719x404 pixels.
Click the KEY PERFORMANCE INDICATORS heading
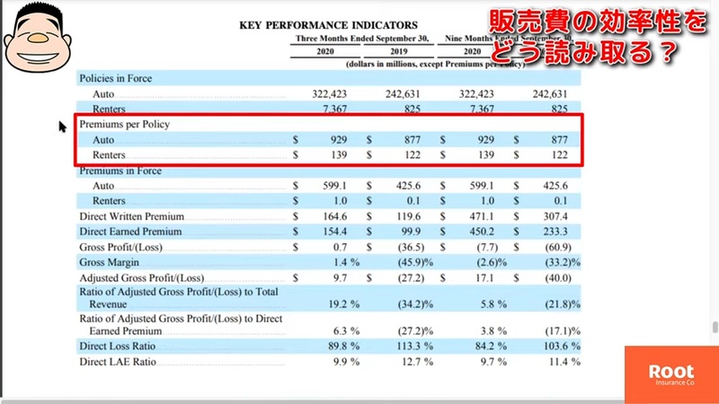pos(328,24)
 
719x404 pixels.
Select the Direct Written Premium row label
pos(131,216)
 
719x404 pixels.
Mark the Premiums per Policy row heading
pos(124,124)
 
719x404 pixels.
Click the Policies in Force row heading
pos(116,78)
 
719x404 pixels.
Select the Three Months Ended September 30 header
pos(363,39)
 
